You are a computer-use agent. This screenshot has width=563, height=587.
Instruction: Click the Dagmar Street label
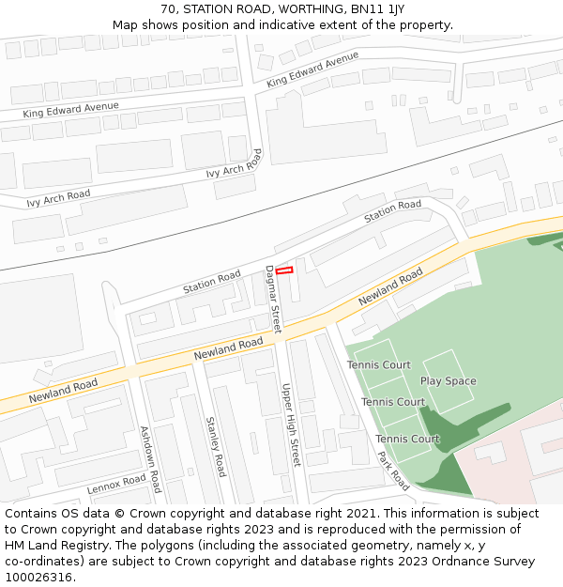273,299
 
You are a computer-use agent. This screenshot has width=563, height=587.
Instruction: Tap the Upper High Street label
290,425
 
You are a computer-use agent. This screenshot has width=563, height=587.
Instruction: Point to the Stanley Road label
216,447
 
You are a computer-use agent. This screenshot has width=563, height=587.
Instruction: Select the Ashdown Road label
150,459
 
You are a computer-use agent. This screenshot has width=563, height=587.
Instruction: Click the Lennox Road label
116,485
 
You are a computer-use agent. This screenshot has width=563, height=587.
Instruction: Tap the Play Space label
448,381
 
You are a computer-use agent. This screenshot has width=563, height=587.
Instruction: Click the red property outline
284,270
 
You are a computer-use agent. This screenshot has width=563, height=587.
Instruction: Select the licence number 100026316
39,578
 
